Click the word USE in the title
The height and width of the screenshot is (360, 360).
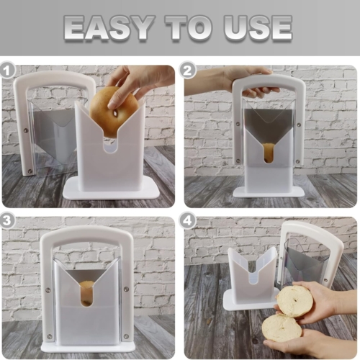click(258, 27)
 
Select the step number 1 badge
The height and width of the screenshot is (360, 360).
click(7, 71)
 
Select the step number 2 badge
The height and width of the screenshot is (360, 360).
click(188, 71)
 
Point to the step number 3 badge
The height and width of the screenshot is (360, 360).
click(7, 221)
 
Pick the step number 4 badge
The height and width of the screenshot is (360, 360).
click(188, 221)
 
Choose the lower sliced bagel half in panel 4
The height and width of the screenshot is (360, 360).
click(282, 328)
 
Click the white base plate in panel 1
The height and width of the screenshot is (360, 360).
click(111, 189)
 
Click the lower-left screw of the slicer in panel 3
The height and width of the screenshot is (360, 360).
click(50, 336)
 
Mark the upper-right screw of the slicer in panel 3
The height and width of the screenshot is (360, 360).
click(126, 289)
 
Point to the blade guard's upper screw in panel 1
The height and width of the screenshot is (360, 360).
click(25, 130)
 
